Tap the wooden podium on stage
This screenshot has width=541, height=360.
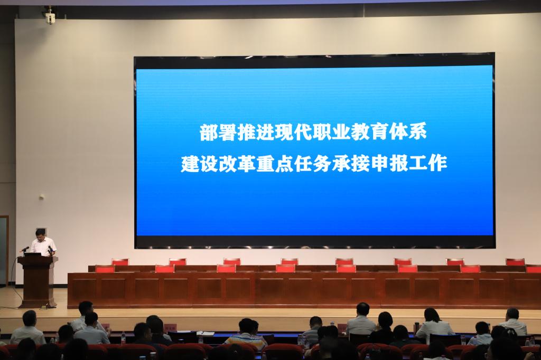(x=38, y=281)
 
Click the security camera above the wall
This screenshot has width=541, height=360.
(x=50, y=15)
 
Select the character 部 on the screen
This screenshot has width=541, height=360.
(x=209, y=132)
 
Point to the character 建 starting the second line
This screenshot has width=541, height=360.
(x=190, y=164)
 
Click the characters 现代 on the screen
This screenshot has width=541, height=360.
(x=285, y=132)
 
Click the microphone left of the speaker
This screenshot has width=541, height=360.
(x=25, y=249)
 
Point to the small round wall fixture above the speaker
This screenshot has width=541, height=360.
(x=42, y=197)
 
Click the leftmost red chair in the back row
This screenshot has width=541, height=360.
(x=120, y=262)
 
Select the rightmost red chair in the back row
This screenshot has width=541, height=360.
(x=515, y=262)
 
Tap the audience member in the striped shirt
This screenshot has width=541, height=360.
(x=246, y=334)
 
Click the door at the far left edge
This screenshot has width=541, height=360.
(x=4, y=251)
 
